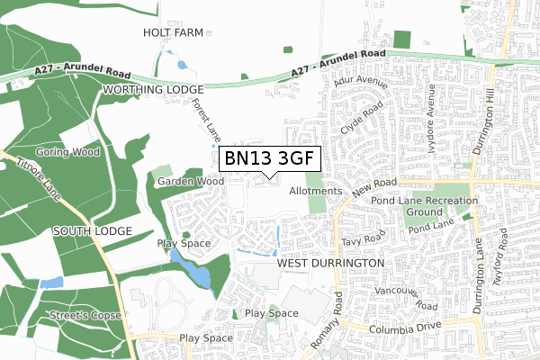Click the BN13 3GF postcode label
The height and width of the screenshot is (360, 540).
[x=270, y=158]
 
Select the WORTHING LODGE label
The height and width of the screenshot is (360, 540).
[x=153, y=90]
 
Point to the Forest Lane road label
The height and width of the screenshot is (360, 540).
[x=206, y=121]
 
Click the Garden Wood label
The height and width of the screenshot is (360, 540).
[x=190, y=181]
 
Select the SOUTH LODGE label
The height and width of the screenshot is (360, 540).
[x=92, y=231]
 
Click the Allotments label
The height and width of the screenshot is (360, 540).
[x=316, y=191]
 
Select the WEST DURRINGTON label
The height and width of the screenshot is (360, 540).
[x=331, y=263]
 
